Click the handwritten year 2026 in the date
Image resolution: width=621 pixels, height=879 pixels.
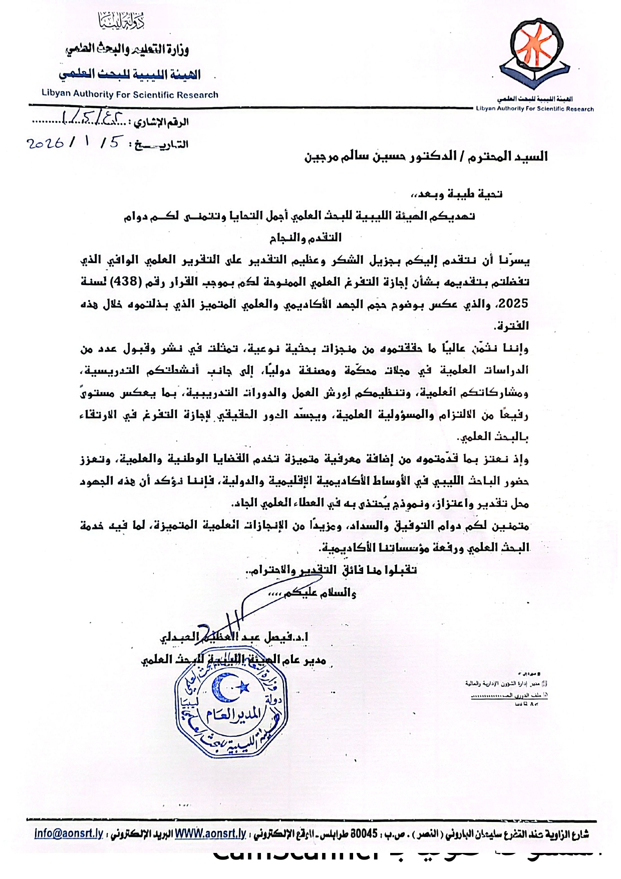tap(45, 143)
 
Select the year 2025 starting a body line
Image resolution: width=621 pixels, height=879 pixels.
tap(514, 304)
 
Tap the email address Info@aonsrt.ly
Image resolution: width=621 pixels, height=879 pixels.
tap(69, 834)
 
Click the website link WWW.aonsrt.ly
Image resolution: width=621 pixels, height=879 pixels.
tap(210, 834)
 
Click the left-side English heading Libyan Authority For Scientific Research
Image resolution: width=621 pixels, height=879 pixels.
tap(130, 94)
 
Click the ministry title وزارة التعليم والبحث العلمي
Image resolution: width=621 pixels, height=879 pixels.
tap(127, 49)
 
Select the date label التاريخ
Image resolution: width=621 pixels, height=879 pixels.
tap(161, 145)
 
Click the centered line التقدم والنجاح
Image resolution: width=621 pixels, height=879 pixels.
tap(305, 238)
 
